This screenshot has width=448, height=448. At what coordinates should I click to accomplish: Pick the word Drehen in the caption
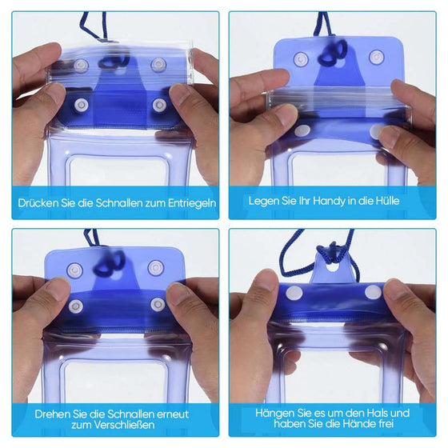pyautogui.click(x=52, y=414)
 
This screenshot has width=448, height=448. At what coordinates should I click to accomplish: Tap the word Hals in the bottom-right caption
pyautogui.click(x=394, y=413)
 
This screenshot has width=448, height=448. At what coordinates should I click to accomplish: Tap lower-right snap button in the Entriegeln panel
pyautogui.click(x=158, y=105)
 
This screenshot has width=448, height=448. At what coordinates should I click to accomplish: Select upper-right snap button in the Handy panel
pyautogui.click(x=376, y=58)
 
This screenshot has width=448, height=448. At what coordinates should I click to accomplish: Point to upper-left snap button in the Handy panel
pyautogui.click(x=301, y=58)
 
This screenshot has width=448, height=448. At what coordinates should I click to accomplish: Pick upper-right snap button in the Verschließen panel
pyautogui.click(x=154, y=268)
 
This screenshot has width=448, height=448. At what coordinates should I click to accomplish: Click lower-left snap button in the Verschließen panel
pyautogui.click(x=75, y=306)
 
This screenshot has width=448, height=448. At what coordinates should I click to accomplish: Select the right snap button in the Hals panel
pyautogui.click(x=373, y=293)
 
